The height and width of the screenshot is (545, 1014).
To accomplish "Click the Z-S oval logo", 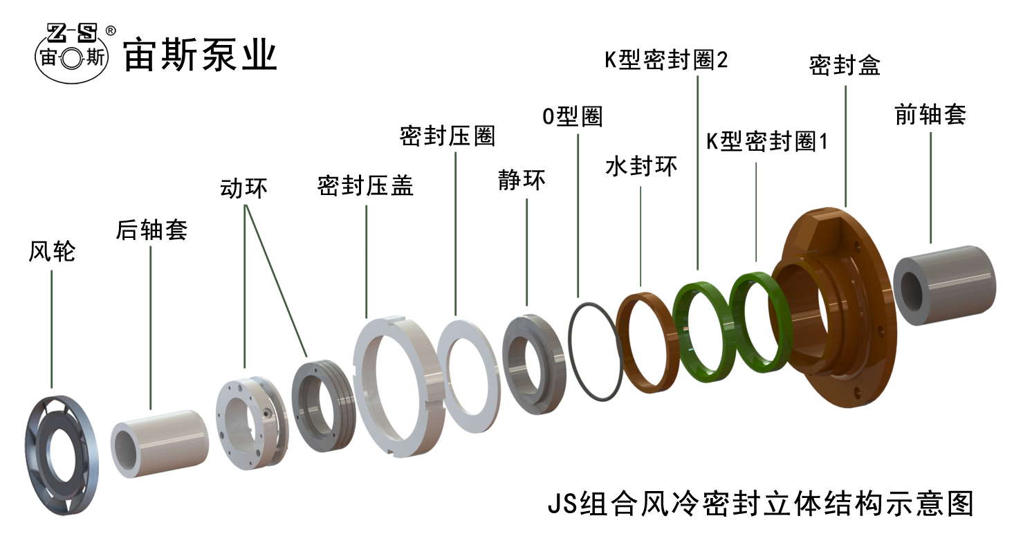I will (x=75, y=54).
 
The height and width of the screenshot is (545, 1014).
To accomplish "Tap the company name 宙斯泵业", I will (x=200, y=55).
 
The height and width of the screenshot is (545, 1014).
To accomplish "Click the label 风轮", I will (x=52, y=252).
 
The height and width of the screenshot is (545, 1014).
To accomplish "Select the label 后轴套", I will (x=151, y=230).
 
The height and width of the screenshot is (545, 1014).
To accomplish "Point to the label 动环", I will (x=243, y=188).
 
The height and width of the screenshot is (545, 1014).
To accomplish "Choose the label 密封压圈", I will (x=448, y=136).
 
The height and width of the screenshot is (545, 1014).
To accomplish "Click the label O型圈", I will (x=572, y=116).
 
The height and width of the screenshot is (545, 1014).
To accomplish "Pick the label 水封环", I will (x=641, y=167).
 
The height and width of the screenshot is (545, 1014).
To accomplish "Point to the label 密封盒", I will (x=845, y=66).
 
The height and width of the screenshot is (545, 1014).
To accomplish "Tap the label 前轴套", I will (x=930, y=115).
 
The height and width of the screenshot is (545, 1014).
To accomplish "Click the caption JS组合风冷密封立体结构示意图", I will (x=760, y=503).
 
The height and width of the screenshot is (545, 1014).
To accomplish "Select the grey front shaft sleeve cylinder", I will (x=945, y=285).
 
